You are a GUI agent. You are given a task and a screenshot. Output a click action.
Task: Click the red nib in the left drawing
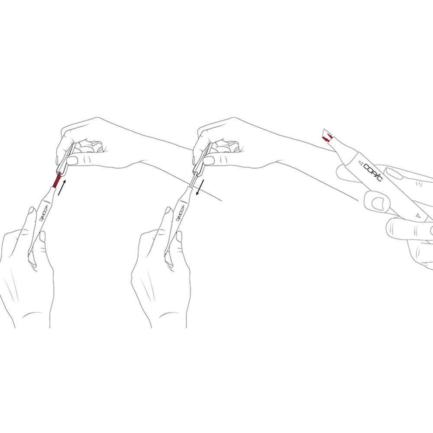pyautogui.click(x=57, y=180)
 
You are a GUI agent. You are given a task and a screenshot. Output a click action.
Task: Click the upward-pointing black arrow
pyautogui.click(x=62, y=187)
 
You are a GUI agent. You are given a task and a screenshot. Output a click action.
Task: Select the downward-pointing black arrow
pyautogui.click(x=200, y=187)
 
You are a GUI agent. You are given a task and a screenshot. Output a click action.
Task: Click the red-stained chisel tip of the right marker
pyautogui.click(x=328, y=136)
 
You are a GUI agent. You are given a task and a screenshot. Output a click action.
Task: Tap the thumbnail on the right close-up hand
pyautogui.click(x=378, y=203)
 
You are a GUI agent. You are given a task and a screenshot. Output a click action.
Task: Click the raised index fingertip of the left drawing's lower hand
pyautogui.click(x=31, y=210)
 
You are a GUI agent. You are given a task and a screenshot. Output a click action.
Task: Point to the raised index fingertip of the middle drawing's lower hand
pyautogui.click(x=168, y=210)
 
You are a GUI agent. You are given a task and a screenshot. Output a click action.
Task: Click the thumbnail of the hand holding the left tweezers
pyautogui.click(x=72, y=161)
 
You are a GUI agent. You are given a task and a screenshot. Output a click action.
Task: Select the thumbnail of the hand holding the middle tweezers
pyautogui.click(x=209, y=161)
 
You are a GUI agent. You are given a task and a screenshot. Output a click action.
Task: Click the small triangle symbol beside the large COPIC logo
pyautogui.click(x=359, y=164)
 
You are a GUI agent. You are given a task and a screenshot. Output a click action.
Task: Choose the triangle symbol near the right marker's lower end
pyautogui.click(x=418, y=215)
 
